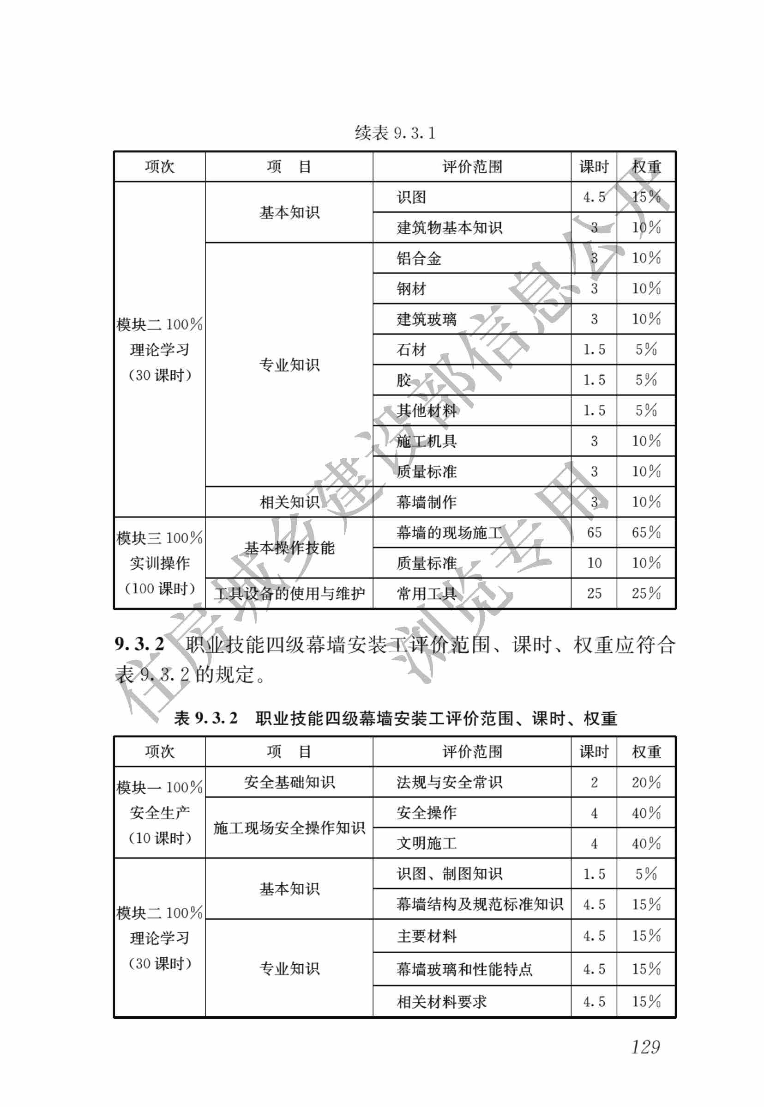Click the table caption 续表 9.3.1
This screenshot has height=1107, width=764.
[x=395, y=133]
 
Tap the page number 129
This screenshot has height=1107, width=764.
[x=645, y=1046]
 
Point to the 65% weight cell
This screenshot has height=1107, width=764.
[x=646, y=532]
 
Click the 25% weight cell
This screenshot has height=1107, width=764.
[x=646, y=593]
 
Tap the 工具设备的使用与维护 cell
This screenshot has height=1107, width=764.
[x=289, y=594]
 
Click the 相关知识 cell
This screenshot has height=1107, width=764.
[x=289, y=502]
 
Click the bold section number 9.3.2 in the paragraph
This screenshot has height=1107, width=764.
[x=139, y=644]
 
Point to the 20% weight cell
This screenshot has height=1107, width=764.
[x=646, y=782]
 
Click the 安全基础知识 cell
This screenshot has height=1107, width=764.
[x=289, y=782]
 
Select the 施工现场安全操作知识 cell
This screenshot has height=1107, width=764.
[x=289, y=828]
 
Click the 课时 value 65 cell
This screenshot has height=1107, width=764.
[x=594, y=532]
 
